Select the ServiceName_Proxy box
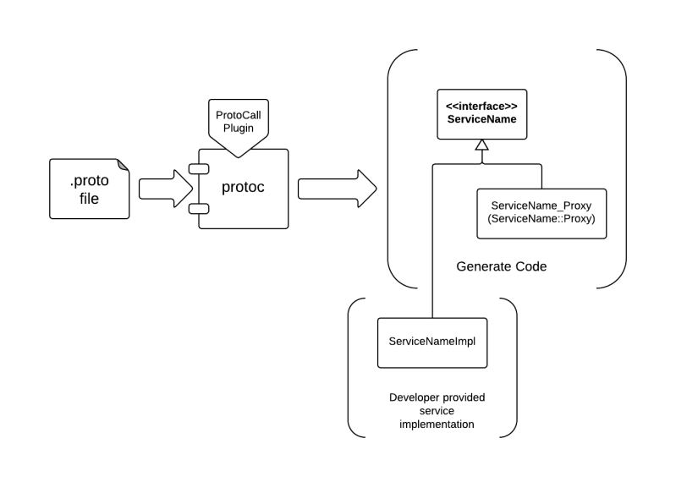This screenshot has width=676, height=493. coord(542,212)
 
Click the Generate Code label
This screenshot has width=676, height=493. coord(502,267)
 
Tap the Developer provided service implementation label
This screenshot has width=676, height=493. coord(437,412)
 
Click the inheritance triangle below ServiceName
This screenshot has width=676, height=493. coord(481,145)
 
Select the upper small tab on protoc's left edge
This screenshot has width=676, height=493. coord(199,169)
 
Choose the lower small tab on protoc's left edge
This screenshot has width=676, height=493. coord(199,207)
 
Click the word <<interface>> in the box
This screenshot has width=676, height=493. coord(481,107)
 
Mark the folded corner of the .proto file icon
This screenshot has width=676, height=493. coord(124,165)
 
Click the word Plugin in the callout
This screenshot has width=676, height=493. coord(239,128)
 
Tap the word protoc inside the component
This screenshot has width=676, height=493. coord(243,187)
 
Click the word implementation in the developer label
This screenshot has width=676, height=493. coord(437,425)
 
